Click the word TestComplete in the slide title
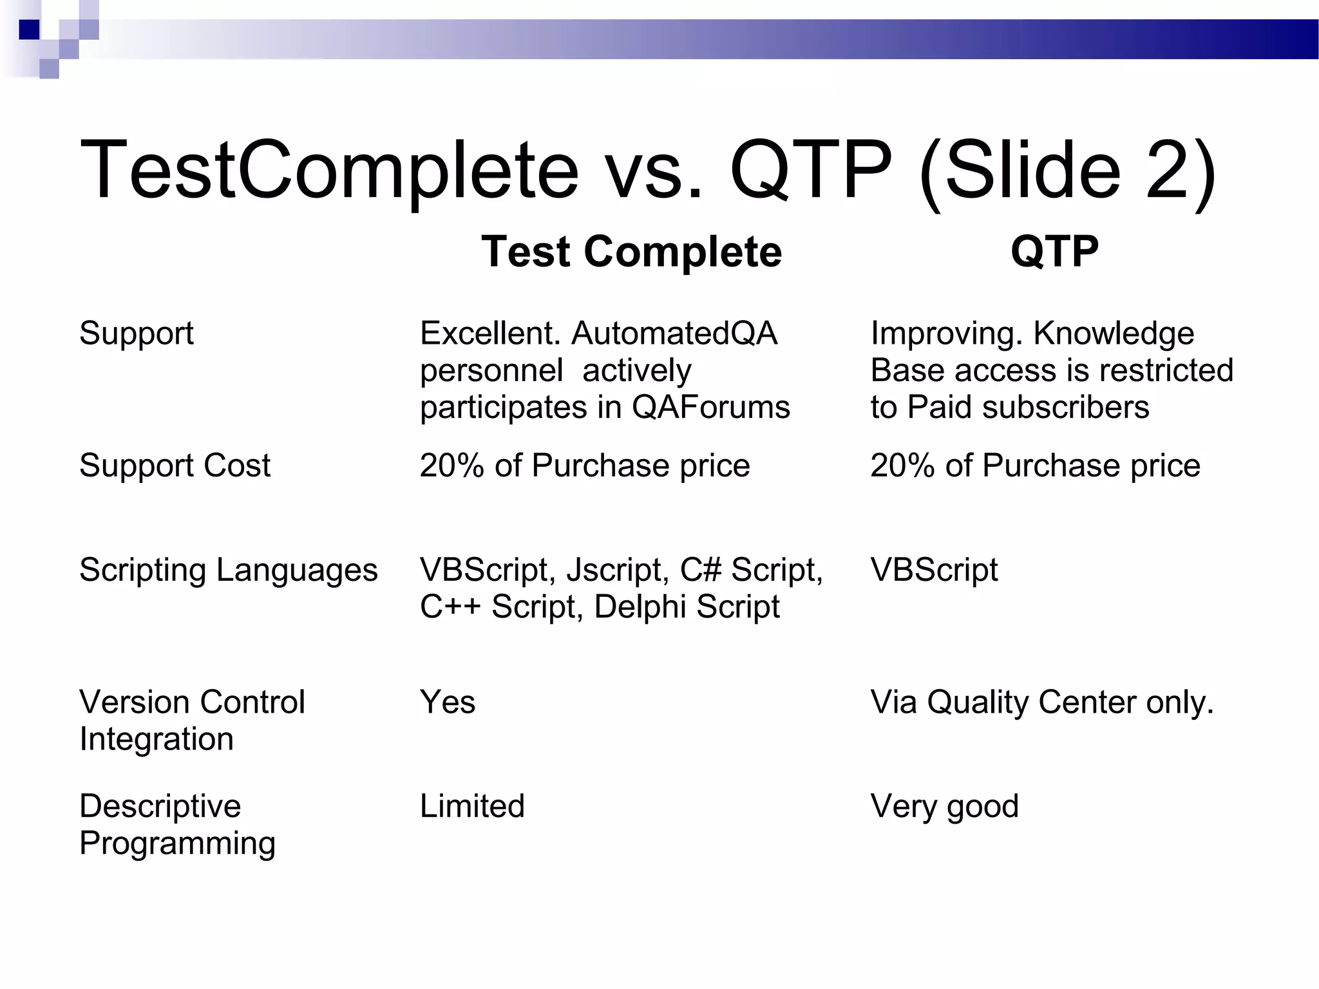click(328, 171)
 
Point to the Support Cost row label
click(175, 465)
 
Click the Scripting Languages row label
click(228, 570)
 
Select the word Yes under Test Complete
click(448, 702)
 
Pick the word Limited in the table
click(472, 806)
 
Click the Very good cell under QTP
click(944, 806)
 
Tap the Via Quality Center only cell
click(1041, 702)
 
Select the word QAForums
click(710, 407)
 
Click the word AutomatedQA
click(674, 334)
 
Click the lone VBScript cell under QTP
click(934, 570)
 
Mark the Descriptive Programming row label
click(176, 824)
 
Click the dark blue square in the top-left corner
click(29, 30)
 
